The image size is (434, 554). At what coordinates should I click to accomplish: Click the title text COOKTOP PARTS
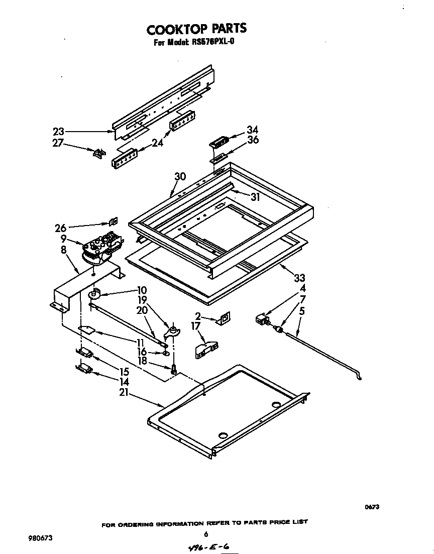coord(196,29)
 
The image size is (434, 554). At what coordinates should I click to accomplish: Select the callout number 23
coord(59,132)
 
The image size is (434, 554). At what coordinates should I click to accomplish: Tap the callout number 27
coord(59,143)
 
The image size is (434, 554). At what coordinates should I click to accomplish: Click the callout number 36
coord(253,141)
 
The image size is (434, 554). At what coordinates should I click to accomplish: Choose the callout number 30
coord(180,176)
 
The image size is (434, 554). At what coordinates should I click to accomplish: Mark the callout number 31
coord(255,197)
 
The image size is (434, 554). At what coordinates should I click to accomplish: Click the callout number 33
coord(300,278)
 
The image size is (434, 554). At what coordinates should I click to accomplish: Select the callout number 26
coord(61,228)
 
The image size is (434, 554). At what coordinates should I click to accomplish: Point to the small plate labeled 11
coord(88,330)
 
